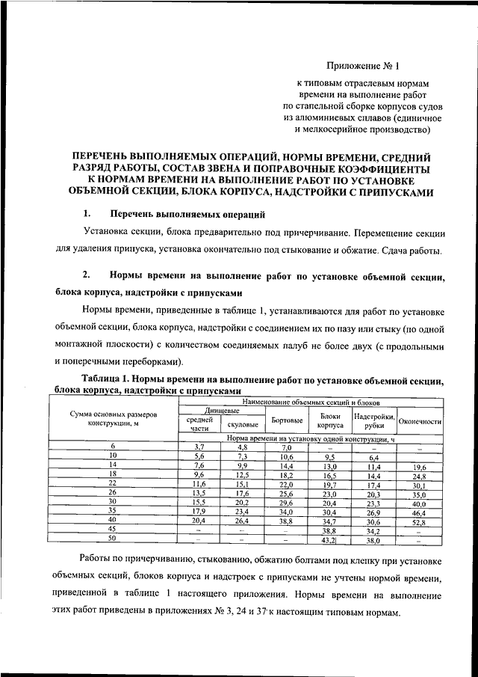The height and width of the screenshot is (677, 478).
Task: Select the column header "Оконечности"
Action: [x=420, y=421]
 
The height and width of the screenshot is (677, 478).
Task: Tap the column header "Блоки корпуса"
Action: [x=330, y=420]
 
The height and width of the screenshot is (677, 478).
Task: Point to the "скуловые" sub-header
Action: [x=243, y=425]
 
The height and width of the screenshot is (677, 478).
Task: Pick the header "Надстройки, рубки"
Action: [x=375, y=420]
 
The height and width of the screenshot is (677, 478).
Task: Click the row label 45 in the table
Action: [x=114, y=529]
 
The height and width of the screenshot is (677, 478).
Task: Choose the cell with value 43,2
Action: [x=329, y=539]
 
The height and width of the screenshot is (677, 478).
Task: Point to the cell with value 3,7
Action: [x=199, y=447]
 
